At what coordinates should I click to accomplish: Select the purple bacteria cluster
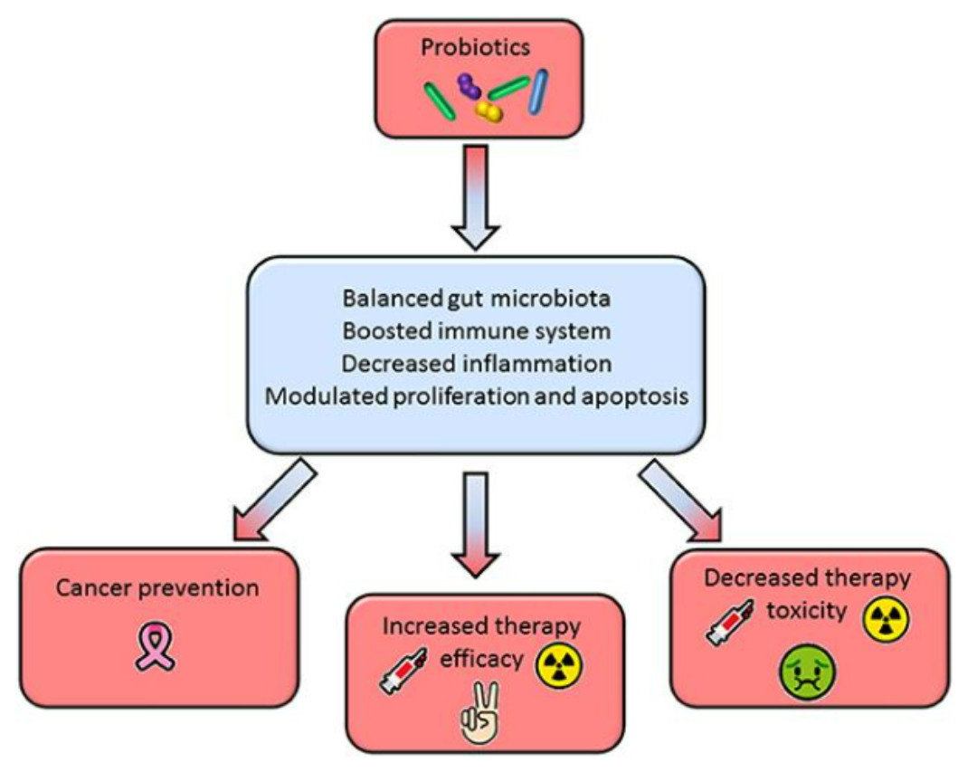(469, 86)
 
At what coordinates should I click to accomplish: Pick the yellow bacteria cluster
(489, 110)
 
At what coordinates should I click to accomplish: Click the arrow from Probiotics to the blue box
(474, 195)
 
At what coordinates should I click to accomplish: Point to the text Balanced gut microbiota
(476, 298)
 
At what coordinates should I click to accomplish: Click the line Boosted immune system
(476, 330)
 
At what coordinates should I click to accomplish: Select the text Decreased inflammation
(476, 363)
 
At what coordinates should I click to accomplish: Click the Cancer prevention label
(158, 587)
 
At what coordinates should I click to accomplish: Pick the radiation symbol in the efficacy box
(561, 665)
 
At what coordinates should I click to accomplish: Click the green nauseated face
(808, 675)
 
